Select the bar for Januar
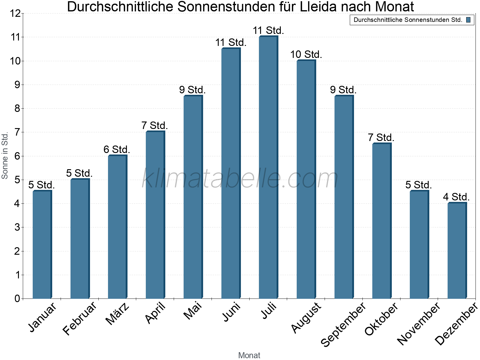(x=42, y=244)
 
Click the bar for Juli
(x=268, y=167)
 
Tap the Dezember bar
(x=457, y=250)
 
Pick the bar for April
(x=155, y=214)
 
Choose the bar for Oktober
(x=382, y=221)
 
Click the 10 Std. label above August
(x=306, y=54)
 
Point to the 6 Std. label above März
(x=117, y=149)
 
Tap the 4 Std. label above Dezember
(x=456, y=197)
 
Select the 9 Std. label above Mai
(x=192, y=90)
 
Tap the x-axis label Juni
(x=231, y=312)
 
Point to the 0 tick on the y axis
(x=17, y=298)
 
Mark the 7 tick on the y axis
(x=17, y=132)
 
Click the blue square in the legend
(x=468, y=20)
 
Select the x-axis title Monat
(x=249, y=355)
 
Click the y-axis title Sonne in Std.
(x=5, y=155)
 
